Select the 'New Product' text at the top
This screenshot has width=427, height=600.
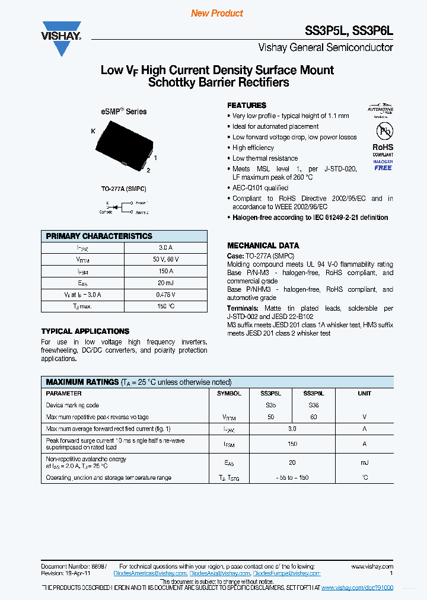(217, 13)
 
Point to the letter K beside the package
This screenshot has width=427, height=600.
(93, 131)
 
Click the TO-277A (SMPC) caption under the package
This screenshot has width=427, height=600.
(123, 189)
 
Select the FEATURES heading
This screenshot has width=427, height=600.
(247, 105)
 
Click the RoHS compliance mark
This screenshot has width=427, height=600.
(383, 147)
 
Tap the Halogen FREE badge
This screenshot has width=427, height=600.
(383, 165)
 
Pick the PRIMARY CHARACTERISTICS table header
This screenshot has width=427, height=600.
(99, 236)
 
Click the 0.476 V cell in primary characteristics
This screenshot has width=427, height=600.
(165, 295)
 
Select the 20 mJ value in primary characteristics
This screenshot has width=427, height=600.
(165, 283)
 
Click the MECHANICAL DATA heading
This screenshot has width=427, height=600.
(263, 245)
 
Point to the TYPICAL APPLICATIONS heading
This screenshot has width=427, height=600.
(85, 331)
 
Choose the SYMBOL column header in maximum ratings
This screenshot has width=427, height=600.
(229, 394)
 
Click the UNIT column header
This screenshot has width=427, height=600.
(364, 394)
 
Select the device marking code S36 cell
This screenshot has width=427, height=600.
(313, 406)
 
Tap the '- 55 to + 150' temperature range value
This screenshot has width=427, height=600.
(292, 477)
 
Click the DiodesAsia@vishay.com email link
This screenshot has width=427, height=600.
(219, 574)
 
